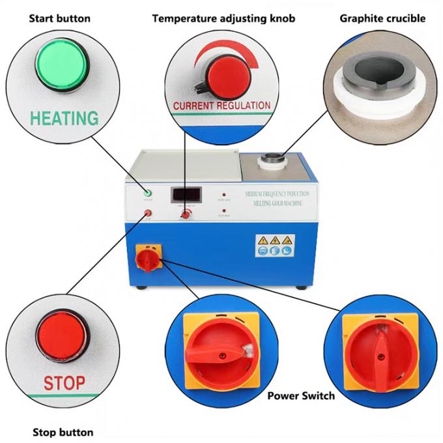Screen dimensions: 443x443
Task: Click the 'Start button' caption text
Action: pyautogui.click(x=60, y=18)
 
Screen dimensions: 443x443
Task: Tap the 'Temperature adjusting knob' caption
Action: pyautogui.click(x=223, y=18)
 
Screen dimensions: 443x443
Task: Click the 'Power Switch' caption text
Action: pyautogui.click(x=301, y=395)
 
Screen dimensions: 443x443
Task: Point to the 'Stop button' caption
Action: pyautogui.click(x=63, y=432)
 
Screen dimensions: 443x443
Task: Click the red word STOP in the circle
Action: pyautogui.click(x=64, y=382)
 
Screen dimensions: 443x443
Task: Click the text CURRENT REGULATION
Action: pyautogui.click(x=221, y=105)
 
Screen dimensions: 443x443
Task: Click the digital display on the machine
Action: pyautogui.click(x=186, y=193)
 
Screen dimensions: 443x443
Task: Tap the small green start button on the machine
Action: pyautogui.click(x=148, y=193)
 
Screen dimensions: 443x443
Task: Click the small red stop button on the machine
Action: pyautogui.click(x=148, y=212)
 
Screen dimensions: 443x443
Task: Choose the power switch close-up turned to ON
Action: pyautogui.click(x=218, y=347)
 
